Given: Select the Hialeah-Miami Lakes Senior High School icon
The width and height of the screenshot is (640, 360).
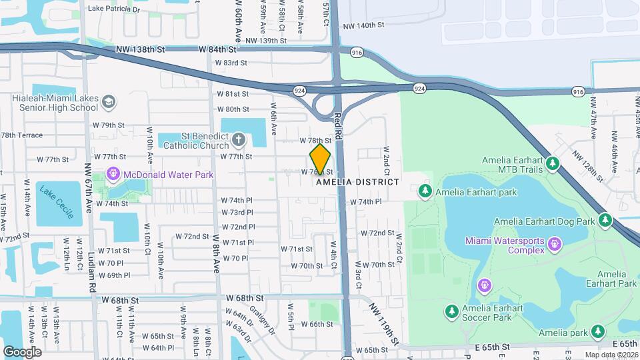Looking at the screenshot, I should [x=109, y=102].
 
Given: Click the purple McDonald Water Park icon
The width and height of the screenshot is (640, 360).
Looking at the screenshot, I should [x=113, y=175].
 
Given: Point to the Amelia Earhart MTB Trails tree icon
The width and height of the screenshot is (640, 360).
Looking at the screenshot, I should [x=552, y=163].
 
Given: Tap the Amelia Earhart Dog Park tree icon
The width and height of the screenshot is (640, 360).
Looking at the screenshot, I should [x=605, y=220].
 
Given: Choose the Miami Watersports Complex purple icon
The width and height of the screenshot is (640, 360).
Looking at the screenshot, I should [x=554, y=245].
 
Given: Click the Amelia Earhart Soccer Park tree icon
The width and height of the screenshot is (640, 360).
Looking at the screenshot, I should [x=451, y=311].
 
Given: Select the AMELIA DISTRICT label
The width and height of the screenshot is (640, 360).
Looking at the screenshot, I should [x=357, y=182].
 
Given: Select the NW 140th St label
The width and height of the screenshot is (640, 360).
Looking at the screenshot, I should [x=363, y=25].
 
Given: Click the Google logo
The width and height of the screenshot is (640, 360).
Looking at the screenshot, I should [x=22, y=351].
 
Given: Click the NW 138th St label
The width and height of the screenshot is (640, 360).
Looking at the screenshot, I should [x=139, y=49].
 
